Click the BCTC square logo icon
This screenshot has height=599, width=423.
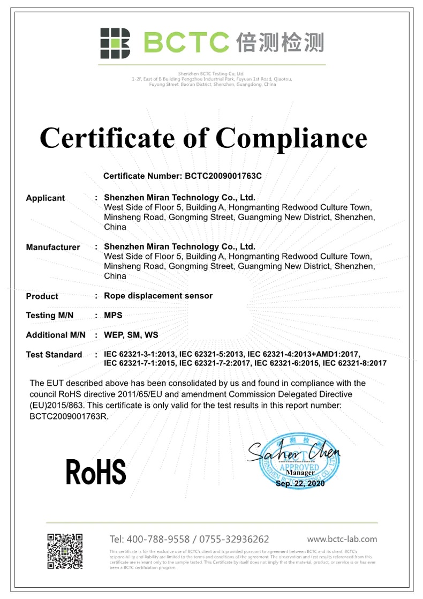pyautogui.click(x=115, y=43)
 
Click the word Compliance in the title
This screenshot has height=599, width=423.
pyautogui.click(x=291, y=138)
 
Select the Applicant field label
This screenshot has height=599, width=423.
pyautogui.click(x=46, y=198)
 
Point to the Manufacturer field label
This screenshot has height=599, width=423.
pyautogui.click(x=53, y=248)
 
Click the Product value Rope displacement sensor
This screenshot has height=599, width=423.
pyautogui.click(x=158, y=296)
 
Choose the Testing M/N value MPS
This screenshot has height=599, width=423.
pyautogui.click(x=113, y=316)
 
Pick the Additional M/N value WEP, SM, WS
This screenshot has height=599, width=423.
pyautogui.click(x=131, y=335)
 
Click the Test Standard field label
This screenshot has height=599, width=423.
pyautogui.click(x=54, y=355)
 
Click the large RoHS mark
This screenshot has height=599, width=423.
pyautogui.click(x=96, y=472)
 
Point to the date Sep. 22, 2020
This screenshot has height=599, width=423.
pyautogui.click(x=300, y=483)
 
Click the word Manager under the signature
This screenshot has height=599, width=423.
pyautogui.click(x=300, y=473)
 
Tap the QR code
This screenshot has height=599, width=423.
pyautogui.click(x=65, y=551)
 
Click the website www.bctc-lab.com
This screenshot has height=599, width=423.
pyautogui.click(x=342, y=539)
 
